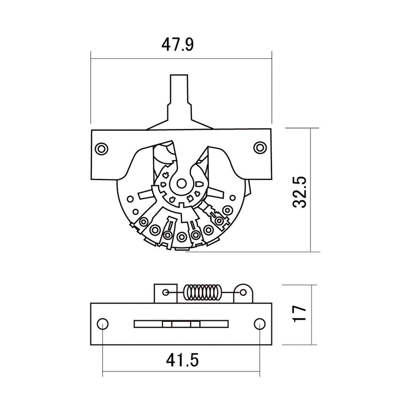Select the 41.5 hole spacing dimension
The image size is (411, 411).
point(181,360)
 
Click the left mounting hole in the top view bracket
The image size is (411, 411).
point(102,148)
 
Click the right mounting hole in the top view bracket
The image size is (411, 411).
point(260,147)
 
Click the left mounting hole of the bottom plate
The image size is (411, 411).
point(103,324)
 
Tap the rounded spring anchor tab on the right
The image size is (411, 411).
point(243,293)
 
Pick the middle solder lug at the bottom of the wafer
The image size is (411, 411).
point(181,236)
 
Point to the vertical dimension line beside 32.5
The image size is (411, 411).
point(311,190)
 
